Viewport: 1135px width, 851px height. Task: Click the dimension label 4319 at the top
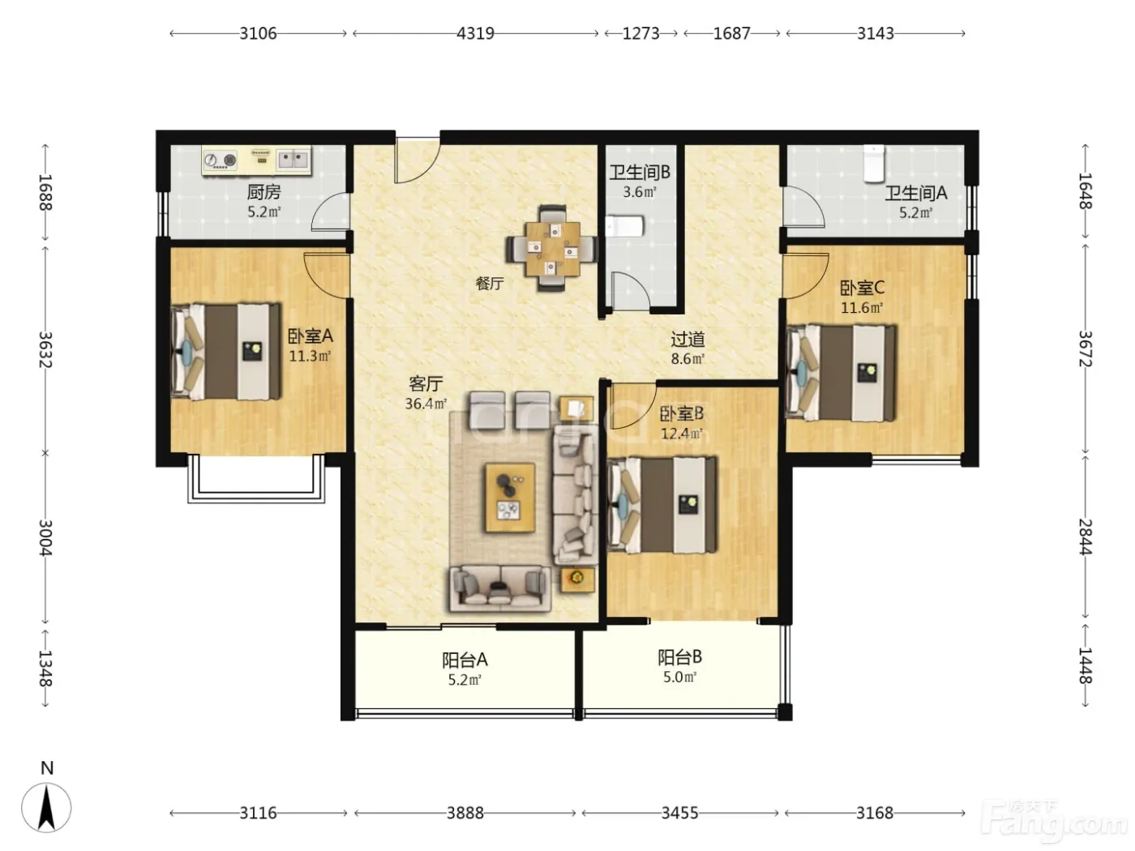pos(475,33)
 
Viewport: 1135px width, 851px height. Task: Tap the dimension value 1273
pos(640,33)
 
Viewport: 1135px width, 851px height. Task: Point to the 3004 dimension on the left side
pos(45,537)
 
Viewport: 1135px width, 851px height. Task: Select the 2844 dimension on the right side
pos(1085,537)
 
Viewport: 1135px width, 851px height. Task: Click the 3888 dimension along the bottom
pos(465,813)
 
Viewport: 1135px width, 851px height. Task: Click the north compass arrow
pos(46,807)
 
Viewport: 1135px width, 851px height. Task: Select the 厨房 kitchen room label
pos(263,192)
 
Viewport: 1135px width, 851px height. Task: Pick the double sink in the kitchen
pos(293,159)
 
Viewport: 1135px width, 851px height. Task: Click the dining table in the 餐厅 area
pos(553,249)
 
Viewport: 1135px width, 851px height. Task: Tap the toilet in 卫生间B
pos(624,226)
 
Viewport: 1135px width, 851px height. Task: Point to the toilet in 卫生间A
pos(875,163)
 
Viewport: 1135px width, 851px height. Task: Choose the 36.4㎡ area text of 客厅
pos(426,404)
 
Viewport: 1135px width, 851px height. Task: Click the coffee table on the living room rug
pos(510,498)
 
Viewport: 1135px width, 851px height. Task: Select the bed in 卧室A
pos(226,352)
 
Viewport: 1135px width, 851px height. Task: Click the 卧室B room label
pos(682,413)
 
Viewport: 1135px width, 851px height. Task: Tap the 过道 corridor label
pos(687,340)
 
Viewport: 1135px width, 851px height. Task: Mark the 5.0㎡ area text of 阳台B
pos(680,677)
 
